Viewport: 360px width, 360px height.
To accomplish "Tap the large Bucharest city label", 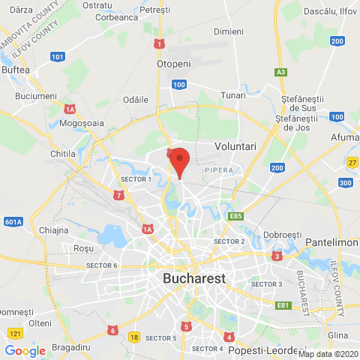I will tap(193, 278).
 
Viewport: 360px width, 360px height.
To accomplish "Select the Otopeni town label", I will tap(175, 64).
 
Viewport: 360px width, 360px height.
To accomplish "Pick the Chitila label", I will tap(62, 153).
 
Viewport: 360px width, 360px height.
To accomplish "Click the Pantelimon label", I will tap(333, 243).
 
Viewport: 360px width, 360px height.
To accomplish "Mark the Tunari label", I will tap(233, 95).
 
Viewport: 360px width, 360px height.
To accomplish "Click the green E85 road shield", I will tap(238, 216).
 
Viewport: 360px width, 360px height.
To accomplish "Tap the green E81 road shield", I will tap(283, 304).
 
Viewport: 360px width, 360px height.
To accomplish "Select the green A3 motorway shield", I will tap(280, 72).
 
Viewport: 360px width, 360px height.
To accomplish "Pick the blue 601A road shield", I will tap(13, 220).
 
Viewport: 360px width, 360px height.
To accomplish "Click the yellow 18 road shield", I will tap(134, 337).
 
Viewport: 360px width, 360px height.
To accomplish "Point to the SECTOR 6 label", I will tap(101, 265).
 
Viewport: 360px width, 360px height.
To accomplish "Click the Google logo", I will tap(25, 350).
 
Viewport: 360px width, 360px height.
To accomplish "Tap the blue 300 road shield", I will tap(346, 183).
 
